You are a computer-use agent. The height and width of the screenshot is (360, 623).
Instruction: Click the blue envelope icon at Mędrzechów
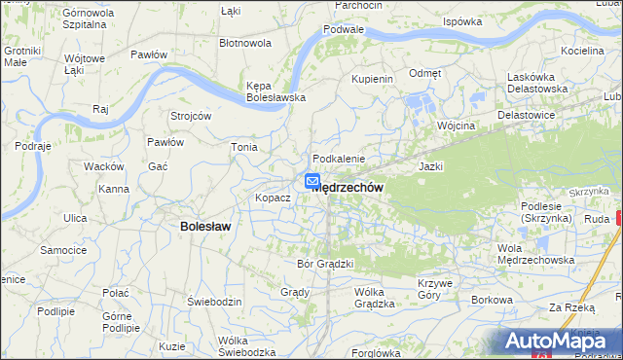point(312,181)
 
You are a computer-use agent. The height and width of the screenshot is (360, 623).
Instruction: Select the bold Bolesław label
point(205,227)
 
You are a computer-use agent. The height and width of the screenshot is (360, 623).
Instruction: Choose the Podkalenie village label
point(338,159)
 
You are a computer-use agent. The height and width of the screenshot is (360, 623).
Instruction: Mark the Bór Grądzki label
point(324,263)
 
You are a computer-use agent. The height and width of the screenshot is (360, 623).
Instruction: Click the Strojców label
point(191,115)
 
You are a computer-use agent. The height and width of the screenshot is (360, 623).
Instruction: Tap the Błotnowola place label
point(245,44)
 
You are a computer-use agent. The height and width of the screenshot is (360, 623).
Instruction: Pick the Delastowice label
point(526,114)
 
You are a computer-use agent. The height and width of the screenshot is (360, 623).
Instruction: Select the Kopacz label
point(273,198)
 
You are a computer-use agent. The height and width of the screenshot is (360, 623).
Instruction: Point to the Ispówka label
point(462,20)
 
